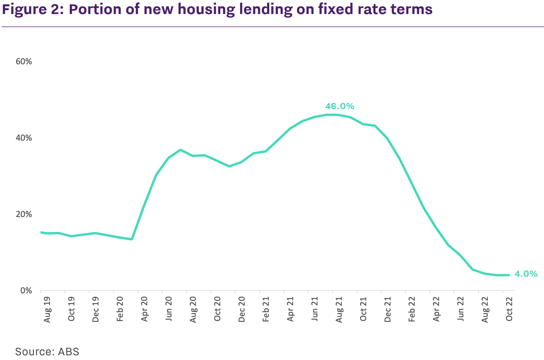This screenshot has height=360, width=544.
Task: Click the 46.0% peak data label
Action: point(339,106)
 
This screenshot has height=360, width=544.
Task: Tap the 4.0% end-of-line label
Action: point(526,274)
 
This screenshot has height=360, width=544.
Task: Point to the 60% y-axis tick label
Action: point(24,62)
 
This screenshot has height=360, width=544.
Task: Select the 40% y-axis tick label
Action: point(24,138)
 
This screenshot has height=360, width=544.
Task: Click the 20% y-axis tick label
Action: point(24,214)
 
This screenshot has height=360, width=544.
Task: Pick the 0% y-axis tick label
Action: point(26,291)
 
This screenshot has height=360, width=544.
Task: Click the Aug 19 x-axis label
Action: point(48,310)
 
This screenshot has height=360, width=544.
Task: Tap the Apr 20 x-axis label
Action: point(145,310)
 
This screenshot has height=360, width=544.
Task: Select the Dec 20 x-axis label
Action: point(242,310)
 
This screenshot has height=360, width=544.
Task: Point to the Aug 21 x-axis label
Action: point(339,310)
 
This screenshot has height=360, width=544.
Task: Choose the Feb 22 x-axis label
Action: point(412,310)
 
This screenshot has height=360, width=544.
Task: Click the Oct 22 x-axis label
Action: point(509,310)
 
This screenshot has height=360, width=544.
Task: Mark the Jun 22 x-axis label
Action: point(461,310)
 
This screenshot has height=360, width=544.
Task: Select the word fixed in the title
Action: point(338,9)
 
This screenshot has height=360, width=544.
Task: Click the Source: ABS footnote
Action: point(47,351)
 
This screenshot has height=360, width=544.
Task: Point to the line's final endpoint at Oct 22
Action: point(509,275)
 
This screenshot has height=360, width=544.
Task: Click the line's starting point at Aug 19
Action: point(41,232)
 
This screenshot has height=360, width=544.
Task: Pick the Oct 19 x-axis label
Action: point(72,310)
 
